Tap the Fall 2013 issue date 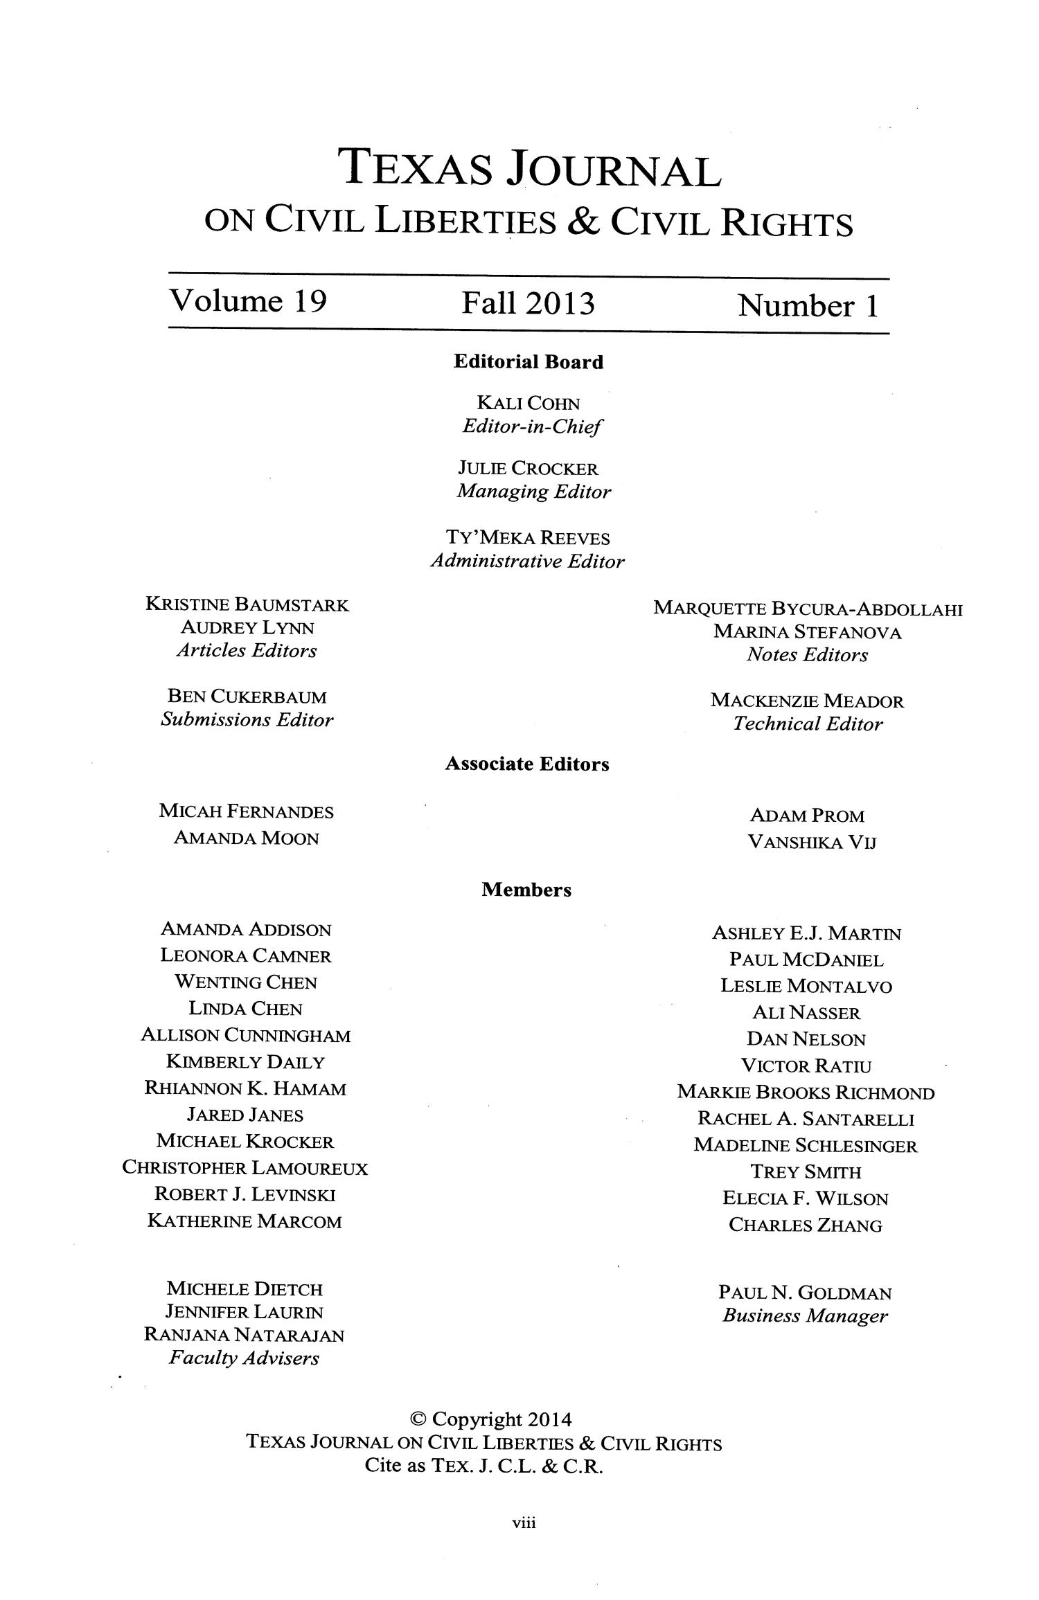pos(529,303)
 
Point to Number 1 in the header pos(808,305)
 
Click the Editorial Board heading pos(528,362)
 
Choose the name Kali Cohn pos(529,403)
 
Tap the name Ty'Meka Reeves pos(528,538)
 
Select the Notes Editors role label pos(807,655)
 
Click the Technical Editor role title pos(808,724)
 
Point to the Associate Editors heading pos(527,764)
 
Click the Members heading pos(526,890)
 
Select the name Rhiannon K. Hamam pos(245,1089)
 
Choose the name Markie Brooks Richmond pos(806,1093)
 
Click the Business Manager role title pos(805,1316)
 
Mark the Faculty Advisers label pos(244,1358)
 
